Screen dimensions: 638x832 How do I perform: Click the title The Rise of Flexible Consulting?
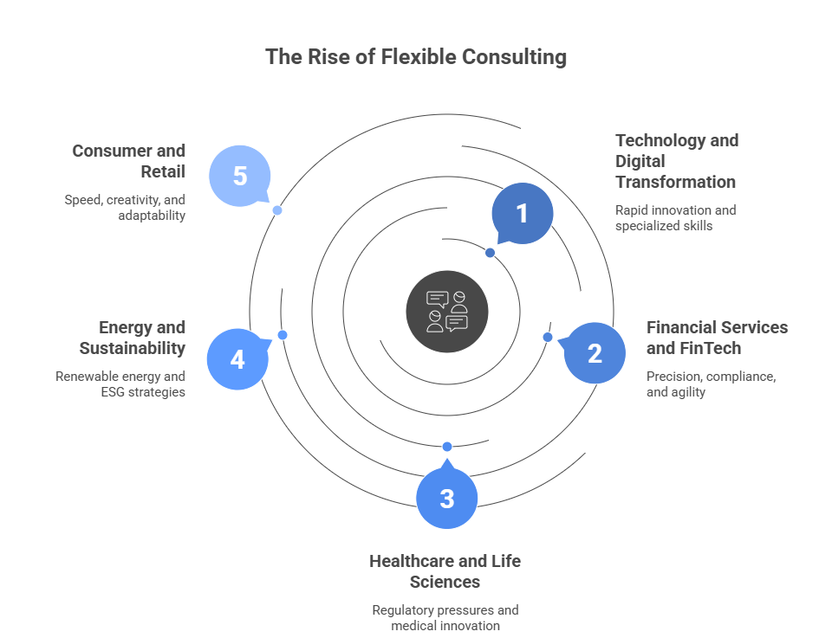point(416,57)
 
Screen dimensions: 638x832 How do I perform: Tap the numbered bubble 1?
point(522,213)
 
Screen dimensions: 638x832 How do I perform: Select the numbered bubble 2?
point(595,353)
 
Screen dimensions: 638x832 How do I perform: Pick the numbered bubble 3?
point(446,499)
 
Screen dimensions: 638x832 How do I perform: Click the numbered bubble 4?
point(237,359)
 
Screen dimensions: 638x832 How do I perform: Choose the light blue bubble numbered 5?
point(240,177)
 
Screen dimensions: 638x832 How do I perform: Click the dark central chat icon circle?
point(447,311)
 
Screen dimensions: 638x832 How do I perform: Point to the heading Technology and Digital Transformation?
point(676,161)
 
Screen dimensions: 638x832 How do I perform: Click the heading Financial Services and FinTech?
point(717,338)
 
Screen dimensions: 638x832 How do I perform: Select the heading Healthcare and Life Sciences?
point(445,571)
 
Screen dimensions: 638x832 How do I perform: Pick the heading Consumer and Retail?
point(128,161)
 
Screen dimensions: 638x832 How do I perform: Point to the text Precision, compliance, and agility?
point(711,384)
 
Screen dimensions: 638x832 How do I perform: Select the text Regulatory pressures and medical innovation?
point(445,617)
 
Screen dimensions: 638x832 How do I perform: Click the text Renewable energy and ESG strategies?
point(120,384)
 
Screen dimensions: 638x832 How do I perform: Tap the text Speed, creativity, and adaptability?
point(125,208)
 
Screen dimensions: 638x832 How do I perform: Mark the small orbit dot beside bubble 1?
point(490,253)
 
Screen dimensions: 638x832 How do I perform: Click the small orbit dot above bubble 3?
point(447,447)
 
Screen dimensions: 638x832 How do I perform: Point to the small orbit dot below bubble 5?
point(277,210)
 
